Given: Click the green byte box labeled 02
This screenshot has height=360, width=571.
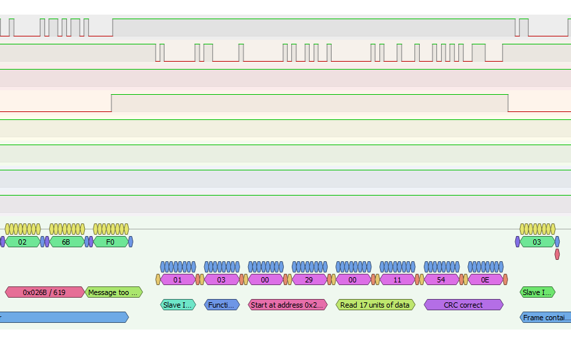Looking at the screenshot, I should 23,242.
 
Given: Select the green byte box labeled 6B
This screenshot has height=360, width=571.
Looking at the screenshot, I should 66,242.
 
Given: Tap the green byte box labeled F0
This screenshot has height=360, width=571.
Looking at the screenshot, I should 111,242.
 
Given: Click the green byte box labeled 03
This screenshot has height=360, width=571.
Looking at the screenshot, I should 537,242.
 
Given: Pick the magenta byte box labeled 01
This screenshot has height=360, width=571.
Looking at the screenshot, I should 178,280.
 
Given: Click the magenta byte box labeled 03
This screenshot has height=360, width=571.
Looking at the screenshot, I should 222,280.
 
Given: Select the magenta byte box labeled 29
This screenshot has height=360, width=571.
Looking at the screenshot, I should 309,280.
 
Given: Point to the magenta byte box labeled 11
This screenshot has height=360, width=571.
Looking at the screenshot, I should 397,280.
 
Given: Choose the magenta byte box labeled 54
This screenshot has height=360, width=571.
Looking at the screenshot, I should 441,280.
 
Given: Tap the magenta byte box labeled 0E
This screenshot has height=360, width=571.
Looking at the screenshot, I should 485,280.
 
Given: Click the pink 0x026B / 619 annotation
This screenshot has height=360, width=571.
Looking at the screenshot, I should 45,292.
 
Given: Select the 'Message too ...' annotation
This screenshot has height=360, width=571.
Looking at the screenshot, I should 114,292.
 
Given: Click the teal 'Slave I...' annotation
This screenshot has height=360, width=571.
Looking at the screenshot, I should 178,305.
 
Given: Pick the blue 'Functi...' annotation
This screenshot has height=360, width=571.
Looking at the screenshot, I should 222,305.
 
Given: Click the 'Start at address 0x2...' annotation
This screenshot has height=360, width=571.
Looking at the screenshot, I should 288,305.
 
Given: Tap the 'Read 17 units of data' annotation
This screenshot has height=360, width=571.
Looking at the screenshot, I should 375,305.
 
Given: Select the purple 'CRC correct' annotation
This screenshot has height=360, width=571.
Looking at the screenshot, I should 463,305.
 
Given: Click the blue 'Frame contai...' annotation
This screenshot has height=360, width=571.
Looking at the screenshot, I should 546,318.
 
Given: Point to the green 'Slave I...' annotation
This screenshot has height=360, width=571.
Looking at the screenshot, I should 537,292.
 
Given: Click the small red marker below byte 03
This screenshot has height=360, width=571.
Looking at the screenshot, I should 557,255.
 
